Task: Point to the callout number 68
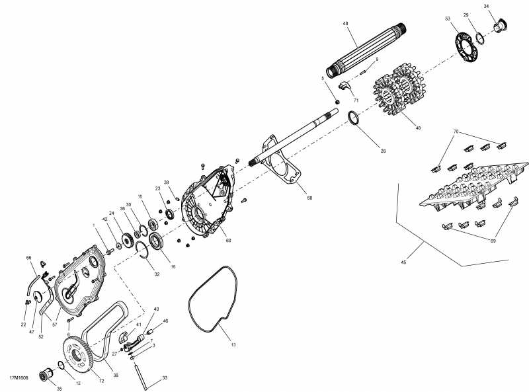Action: click(x=309, y=197)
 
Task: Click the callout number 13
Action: click(x=233, y=344)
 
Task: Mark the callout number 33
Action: click(x=165, y=378)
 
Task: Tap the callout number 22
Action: click(x=23, y=324)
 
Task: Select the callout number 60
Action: click(x=227, y=240)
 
